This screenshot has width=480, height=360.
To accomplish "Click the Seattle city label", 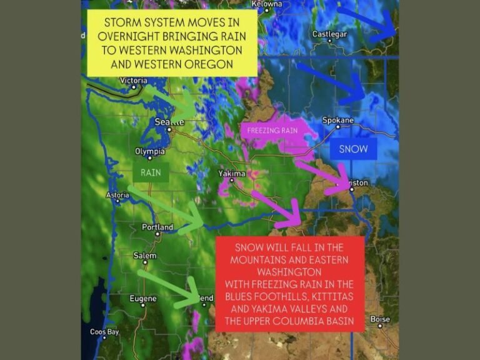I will tap(169, 122).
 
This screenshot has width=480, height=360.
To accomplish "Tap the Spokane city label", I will tap(338, 120).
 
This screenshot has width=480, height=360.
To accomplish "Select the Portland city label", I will tap(157, 227).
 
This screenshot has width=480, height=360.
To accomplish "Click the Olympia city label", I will tap(150, 151).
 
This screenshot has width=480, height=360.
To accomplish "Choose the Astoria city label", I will tap(118, 195).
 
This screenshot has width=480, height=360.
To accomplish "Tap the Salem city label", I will tap(145, 256).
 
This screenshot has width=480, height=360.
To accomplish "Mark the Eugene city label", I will tap(143, 298).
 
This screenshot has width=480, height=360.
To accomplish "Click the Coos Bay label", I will tap(104, 332).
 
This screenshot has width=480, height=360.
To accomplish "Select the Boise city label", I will tap(380, 319).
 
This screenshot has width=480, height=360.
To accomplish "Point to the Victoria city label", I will tap(133, 81).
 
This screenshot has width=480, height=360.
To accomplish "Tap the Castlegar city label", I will tap(329, 34).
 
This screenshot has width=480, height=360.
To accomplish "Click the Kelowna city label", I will tap(267, 4).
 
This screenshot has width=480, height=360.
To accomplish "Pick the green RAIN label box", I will tap(151, 172).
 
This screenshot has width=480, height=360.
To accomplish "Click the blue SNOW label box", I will tap(354, 149).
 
